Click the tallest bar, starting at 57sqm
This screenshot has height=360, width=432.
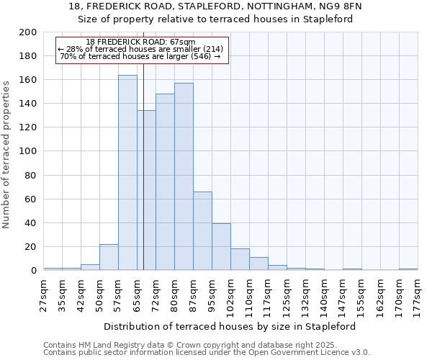pyautogui.click(x=127, y=173)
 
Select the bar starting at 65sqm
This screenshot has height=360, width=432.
pyautogui.click(x=146, y=191)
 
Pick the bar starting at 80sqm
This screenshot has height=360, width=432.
pyautogui.click(x=184, y=177)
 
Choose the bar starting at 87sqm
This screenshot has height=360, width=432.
pyautogui.click(x=202, y=231)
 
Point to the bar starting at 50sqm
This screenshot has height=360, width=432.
pyautogui.click(x=109, y=258)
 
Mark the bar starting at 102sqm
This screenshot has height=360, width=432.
pyautogui.click(x=240, y=260)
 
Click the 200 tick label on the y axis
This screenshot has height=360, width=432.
pyautogui.click(x=29, y=32)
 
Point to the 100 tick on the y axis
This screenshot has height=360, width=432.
pyautogui.click(x=29, y=151)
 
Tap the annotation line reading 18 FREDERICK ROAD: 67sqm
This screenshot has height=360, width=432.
pyautogui.click(x=140, y=42)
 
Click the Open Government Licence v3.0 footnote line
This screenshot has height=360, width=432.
pyautogui.click(x=207, y=353)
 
